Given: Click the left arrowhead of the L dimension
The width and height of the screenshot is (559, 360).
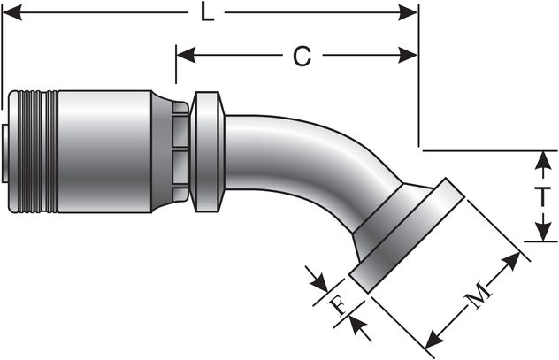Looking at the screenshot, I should point(11,13).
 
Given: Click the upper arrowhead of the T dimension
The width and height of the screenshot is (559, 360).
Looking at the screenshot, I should point(540,159).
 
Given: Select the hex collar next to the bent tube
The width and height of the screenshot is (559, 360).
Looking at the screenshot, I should point(208,150).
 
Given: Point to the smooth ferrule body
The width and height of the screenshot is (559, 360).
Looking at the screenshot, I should point(102,150).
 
